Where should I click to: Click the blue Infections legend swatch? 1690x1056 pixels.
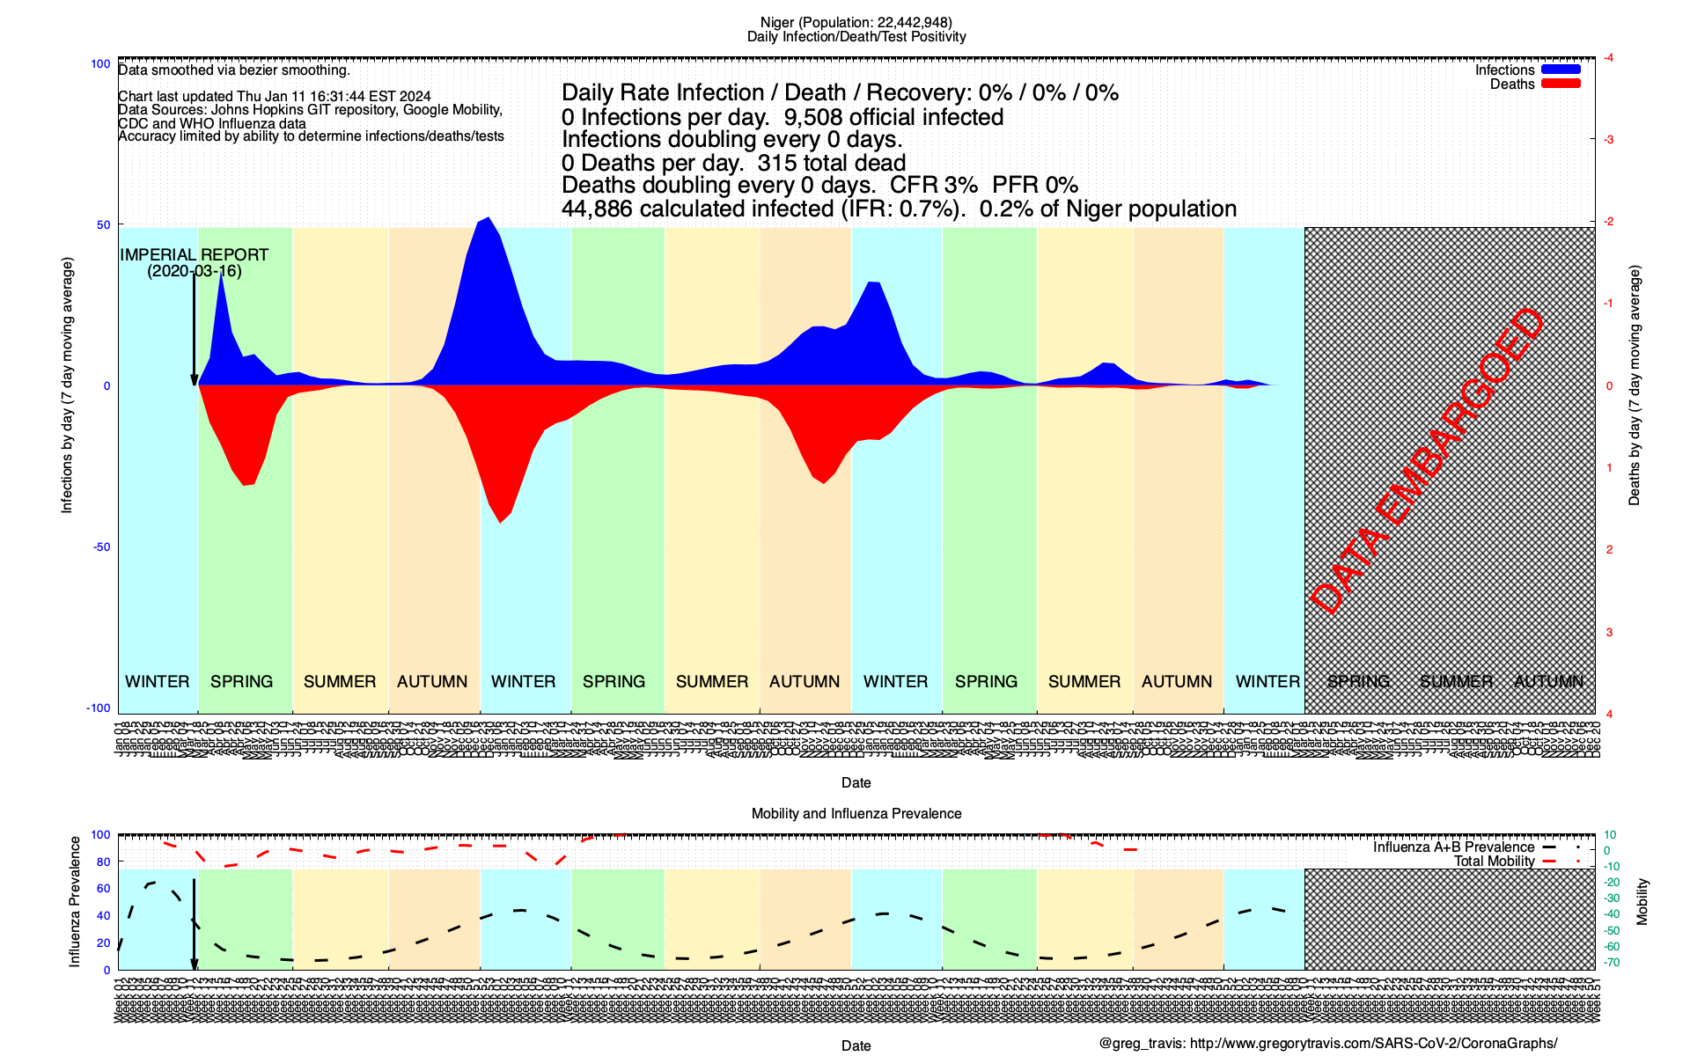point(1561,70)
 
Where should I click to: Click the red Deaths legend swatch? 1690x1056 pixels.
point(1561,84)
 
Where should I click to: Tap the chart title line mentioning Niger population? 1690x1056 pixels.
point(856,22)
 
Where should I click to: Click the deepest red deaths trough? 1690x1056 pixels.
point(500,522)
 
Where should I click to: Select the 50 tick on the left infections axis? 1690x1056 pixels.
point(104,224)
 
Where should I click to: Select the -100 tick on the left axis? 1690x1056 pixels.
point(99,708)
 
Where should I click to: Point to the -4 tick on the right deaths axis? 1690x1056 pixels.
point(1608,58)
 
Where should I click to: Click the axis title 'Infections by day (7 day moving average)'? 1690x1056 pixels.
point(67,385)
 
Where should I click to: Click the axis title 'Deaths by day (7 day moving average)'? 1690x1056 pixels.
point(1635,385)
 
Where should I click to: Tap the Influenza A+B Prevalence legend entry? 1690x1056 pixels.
point(1453,847)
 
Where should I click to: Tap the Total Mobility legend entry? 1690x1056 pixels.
point(1494,862)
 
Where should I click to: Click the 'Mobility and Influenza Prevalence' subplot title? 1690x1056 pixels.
point(856,814)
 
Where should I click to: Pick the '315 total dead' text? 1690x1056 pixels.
point(831,163)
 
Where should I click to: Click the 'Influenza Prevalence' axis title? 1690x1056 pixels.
point(75,902)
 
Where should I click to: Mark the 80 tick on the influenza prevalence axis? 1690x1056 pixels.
point(104,862)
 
